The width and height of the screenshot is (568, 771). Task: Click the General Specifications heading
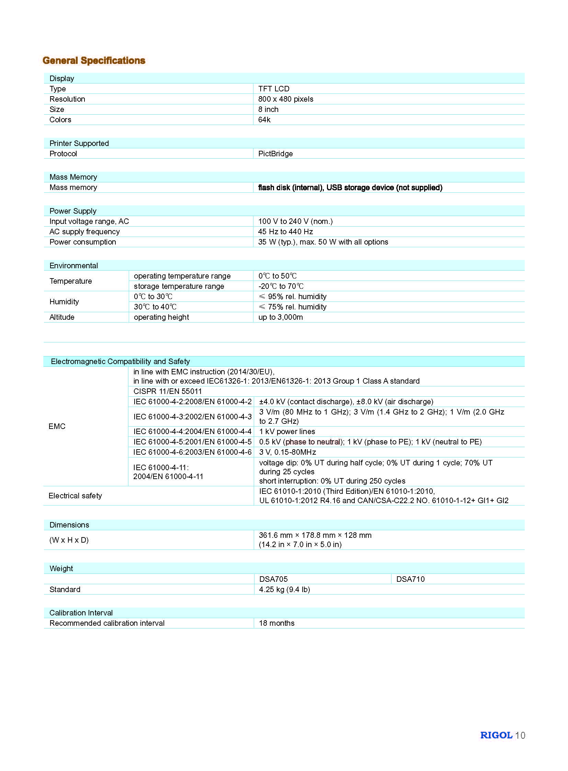click(94, 60)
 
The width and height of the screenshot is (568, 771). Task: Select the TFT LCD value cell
click(274, 89)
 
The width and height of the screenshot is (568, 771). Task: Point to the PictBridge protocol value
click(275, 154)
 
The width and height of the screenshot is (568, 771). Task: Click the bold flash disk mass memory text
click(350, 188)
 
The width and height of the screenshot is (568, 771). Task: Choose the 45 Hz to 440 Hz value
click(285, 232)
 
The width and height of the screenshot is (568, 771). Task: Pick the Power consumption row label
click(83, 242)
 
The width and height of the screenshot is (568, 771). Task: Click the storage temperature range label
click(179, 286)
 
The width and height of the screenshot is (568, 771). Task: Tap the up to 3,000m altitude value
click(281, 317)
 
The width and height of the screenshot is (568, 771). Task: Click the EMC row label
click(57, 427)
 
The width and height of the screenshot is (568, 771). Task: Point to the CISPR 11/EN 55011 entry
click(168, 392)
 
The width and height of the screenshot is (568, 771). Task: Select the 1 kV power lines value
click(287, 432)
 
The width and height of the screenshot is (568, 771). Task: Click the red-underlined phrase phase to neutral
click(313, 442)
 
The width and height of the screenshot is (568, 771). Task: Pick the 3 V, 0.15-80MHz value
click(287, 452)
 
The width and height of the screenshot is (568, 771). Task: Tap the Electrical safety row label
click(75, 496)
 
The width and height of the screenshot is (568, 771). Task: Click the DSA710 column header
click(410, 579)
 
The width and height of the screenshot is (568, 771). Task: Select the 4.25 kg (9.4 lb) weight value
click(284, 589)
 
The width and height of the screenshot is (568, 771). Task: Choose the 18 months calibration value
click(277, 623)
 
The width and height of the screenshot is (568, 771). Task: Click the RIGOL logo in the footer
click(496, 735)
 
